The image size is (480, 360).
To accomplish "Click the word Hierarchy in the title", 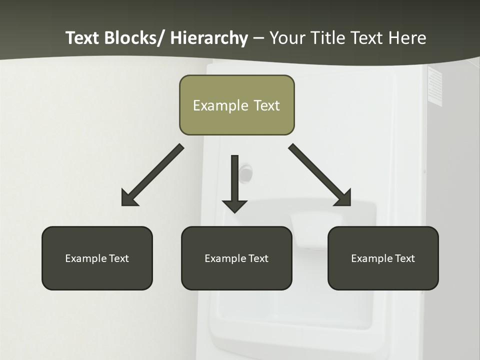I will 209,38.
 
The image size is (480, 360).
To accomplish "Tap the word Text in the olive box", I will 266,105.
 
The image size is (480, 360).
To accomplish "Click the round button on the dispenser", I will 245,173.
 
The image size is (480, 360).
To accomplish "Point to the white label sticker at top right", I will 435,86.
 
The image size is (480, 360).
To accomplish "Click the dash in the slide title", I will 258,38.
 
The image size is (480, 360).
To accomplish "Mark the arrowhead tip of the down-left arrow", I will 122,205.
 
